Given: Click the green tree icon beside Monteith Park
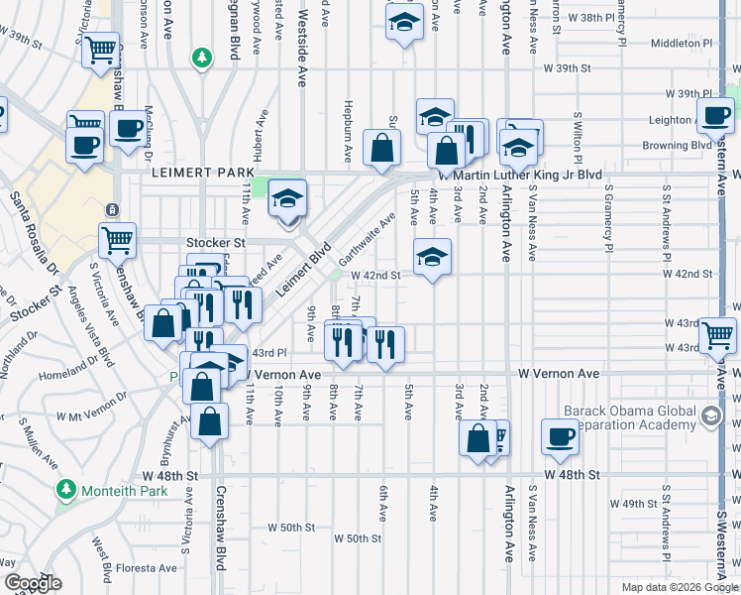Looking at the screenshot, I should [65, 489].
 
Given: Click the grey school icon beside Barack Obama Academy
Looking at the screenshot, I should [710, 415].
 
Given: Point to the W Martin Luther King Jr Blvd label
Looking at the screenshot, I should [527, 175].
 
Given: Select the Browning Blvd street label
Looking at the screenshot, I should [678, 145].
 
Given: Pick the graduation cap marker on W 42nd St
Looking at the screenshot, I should [432, 258].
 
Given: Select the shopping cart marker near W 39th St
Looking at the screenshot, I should [100, 50].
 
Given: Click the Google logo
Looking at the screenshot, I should [33, 584].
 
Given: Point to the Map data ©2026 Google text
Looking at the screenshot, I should [679, 587].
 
